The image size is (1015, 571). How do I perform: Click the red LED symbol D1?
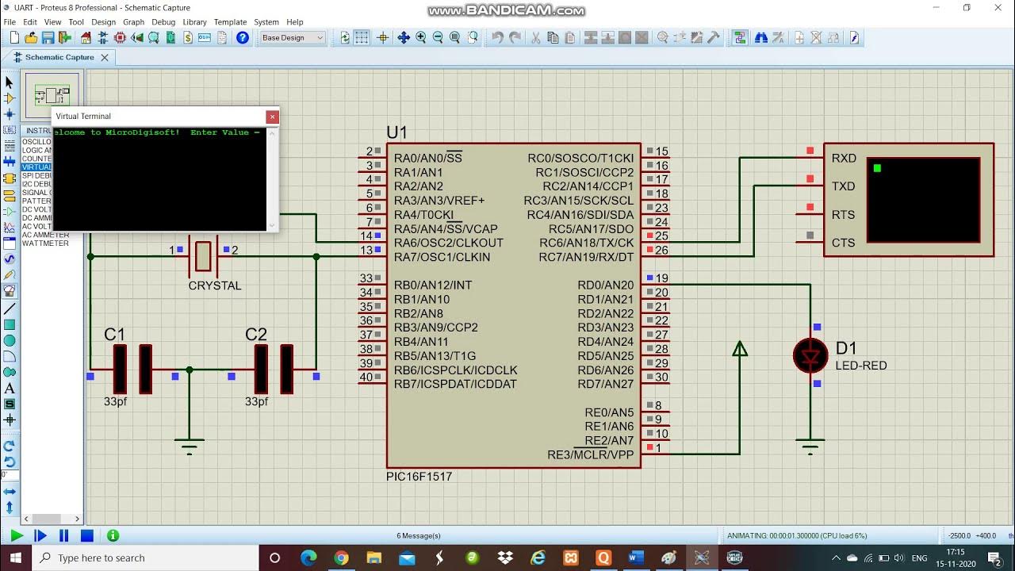tap(810, 356)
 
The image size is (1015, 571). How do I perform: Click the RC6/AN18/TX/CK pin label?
tap(586, 243)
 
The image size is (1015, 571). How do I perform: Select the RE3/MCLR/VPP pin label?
tap(590, 454)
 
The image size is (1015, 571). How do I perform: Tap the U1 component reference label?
tap(396, 132)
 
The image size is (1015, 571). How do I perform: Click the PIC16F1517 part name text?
tap(419, 477)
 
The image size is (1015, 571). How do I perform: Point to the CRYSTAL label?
tap(214, 285)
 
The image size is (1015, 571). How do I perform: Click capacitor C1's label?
tap(115, 335)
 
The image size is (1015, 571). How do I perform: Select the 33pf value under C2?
tap(256, 402)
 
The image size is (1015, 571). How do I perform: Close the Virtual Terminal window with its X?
tap(272, 117)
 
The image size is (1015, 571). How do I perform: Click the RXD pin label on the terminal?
tap(844, 159)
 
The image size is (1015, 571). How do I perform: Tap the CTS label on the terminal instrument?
tap(843, 243)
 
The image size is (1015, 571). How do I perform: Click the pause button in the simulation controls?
tap(64, 536)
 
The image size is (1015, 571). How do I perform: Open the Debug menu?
tap(163, 22)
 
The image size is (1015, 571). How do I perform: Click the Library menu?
tap(194, 22)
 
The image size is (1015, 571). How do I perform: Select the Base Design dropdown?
tap(292, 37)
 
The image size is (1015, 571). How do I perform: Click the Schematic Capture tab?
tap(59, 57)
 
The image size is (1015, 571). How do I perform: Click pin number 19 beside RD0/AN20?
tap(661, 278)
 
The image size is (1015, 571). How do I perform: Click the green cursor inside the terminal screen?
tap(877, 168)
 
